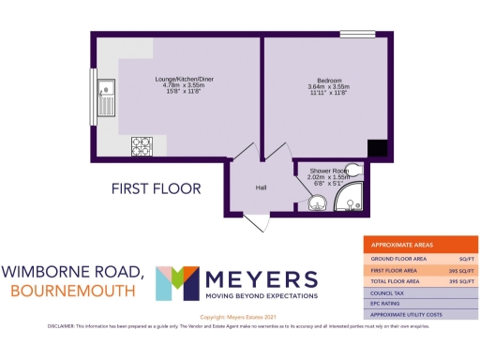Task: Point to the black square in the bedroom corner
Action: point(376,147)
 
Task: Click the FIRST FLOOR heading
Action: point(156,188)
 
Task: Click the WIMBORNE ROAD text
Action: point(72,272)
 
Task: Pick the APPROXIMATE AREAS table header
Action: point(404,243)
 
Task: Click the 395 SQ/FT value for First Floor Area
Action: point(458,269)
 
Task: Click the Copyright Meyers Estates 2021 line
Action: point(239,317)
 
